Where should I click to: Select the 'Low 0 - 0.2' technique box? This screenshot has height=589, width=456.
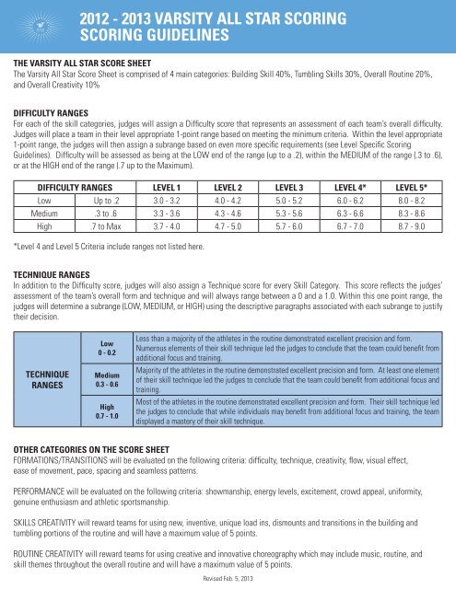[108, 347]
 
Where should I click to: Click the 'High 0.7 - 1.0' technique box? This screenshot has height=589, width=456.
[108, 416]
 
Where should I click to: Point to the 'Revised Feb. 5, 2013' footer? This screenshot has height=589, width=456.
[228, 582]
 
